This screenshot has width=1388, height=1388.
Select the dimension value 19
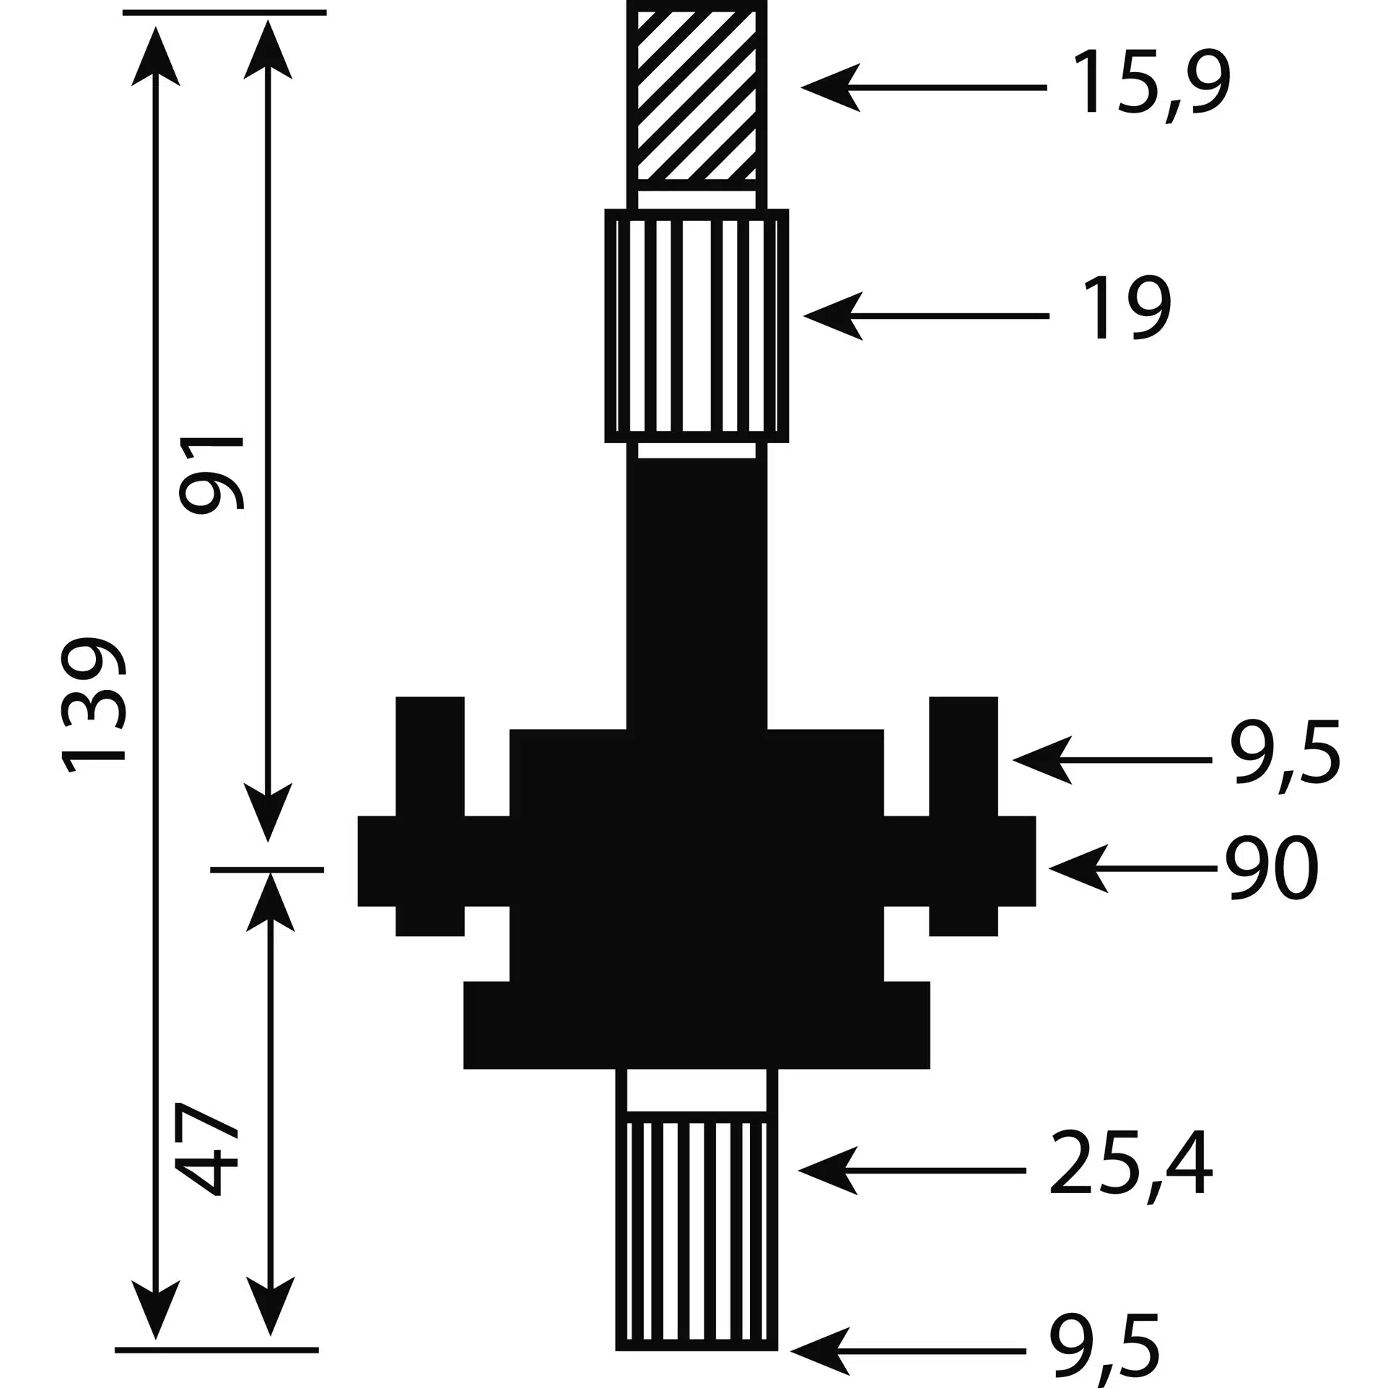(1127, 308)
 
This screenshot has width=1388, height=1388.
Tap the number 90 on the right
(1272, 868)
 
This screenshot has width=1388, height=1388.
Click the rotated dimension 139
(93, 704)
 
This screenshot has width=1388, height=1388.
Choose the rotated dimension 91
(213, 475)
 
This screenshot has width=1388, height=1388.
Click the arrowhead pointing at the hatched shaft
(830, 87)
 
